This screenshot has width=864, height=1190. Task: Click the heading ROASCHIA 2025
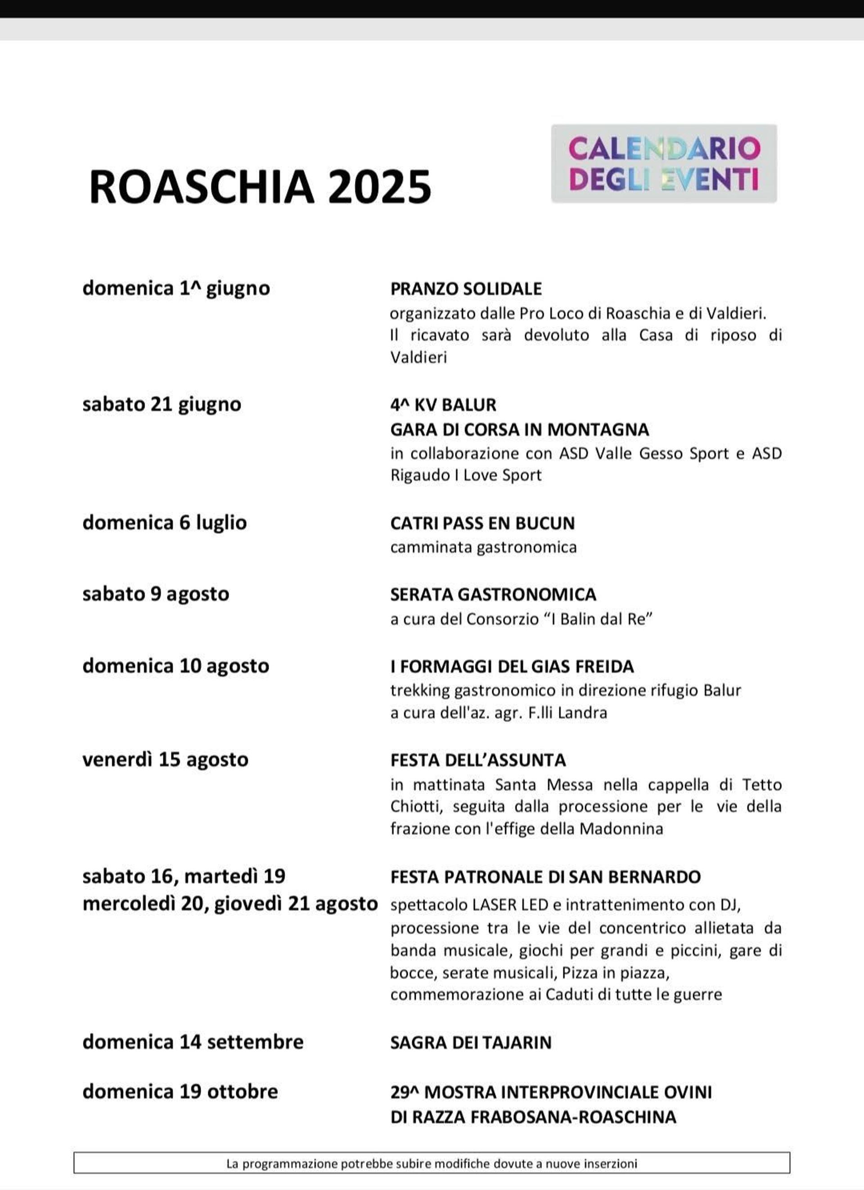(x=260, y=187)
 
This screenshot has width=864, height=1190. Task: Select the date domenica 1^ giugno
(x=176, y=288)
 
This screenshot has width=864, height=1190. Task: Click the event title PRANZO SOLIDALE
(x=466, y=289)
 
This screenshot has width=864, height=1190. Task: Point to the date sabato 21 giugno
(x=162, y=404)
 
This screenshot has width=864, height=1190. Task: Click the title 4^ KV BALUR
(x=443, y=405)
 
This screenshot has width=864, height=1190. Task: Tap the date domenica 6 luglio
(x=165, y=523)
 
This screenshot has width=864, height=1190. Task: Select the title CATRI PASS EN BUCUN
(x=482, y=523)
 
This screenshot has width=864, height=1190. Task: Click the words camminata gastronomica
(x=483, y=547)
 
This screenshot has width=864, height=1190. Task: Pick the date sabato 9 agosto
(x=156, y=594)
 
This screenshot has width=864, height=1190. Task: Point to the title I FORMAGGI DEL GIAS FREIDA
(x=512, y=666)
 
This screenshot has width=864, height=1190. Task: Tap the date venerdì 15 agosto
(x=165, y=759)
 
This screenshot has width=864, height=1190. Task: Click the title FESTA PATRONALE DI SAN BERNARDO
(x=545, y=877)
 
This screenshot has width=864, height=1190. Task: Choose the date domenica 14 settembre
(x=193, y=1041)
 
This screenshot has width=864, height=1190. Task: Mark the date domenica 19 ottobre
(x=180, y=1091)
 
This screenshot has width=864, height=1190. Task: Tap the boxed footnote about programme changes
(x=432, y=1163)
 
